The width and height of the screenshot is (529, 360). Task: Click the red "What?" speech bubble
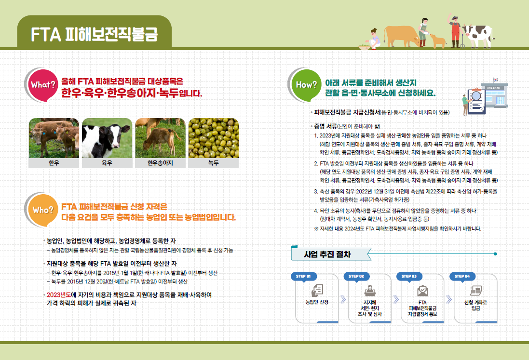coord(43,85)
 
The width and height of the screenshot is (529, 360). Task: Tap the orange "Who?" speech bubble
coord(43,210)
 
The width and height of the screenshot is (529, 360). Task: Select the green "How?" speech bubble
coord(307,85)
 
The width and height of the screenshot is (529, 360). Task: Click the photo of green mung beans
coord(213,138)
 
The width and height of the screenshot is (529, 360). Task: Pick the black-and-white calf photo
coord(107,138)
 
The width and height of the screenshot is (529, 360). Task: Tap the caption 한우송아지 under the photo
coord(160,163)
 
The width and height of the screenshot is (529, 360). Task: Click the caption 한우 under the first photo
coord(54,163)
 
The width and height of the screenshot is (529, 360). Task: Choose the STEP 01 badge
coord(303,277)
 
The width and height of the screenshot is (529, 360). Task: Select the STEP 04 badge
coord(462,277)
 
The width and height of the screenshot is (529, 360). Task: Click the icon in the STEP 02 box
coord(370,291)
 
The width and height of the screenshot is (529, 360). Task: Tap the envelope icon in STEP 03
coord(423,291)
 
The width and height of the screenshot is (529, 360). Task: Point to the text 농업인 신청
coord(317,302)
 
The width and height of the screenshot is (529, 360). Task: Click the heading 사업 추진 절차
coord(327,254)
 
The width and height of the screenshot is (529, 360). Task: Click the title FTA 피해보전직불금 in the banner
coord(94,34)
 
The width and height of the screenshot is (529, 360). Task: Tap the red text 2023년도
coord(59,295)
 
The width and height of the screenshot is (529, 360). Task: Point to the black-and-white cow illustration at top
coord(477,35)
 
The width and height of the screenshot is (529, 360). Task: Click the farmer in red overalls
coord(455,30)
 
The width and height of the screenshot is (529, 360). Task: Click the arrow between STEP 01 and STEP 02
coord(343,299)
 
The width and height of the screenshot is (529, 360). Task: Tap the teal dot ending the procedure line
coord(495,254)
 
